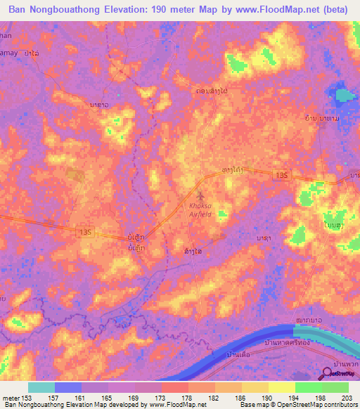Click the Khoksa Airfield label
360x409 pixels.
(203, 209)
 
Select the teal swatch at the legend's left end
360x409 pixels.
(41, 387)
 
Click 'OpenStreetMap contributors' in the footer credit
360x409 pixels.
(319, 405)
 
